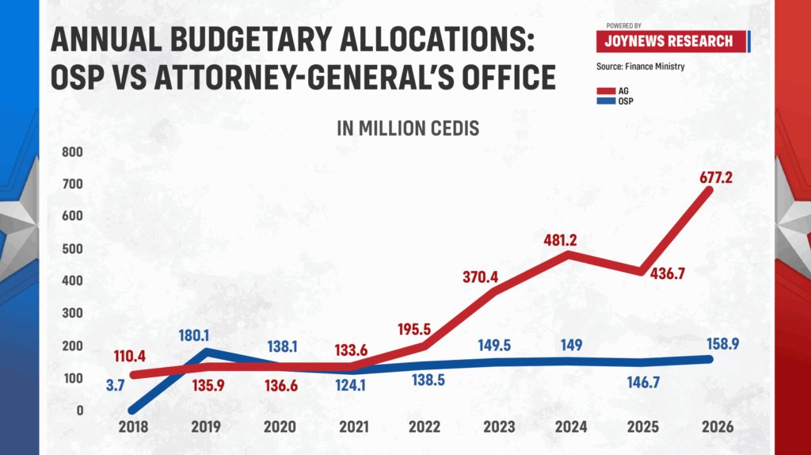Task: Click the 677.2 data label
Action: [x=716, y=178]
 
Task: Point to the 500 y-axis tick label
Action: [x=73, y=248]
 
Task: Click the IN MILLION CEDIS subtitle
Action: [x=408, y=128]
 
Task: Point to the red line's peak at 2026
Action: [x=710, y=190]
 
